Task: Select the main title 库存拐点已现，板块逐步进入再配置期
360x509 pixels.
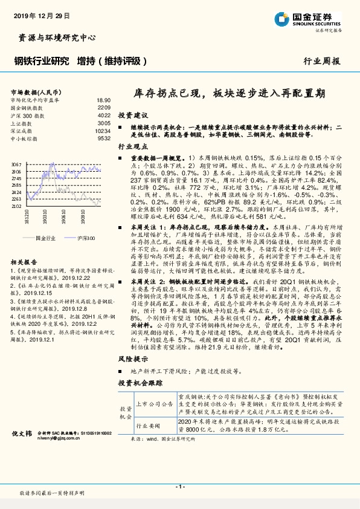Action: pyautogui.click(x=230, y=94)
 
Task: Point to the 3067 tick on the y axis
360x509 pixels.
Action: pyautogui.click(x=16, y=164)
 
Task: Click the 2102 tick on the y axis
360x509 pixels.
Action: pyautogui.click(x=16, y=206)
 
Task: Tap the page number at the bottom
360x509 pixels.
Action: pyautogui.click(x=180, y=487)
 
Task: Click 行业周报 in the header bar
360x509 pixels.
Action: pyautogui.click(x=323, y=61)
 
